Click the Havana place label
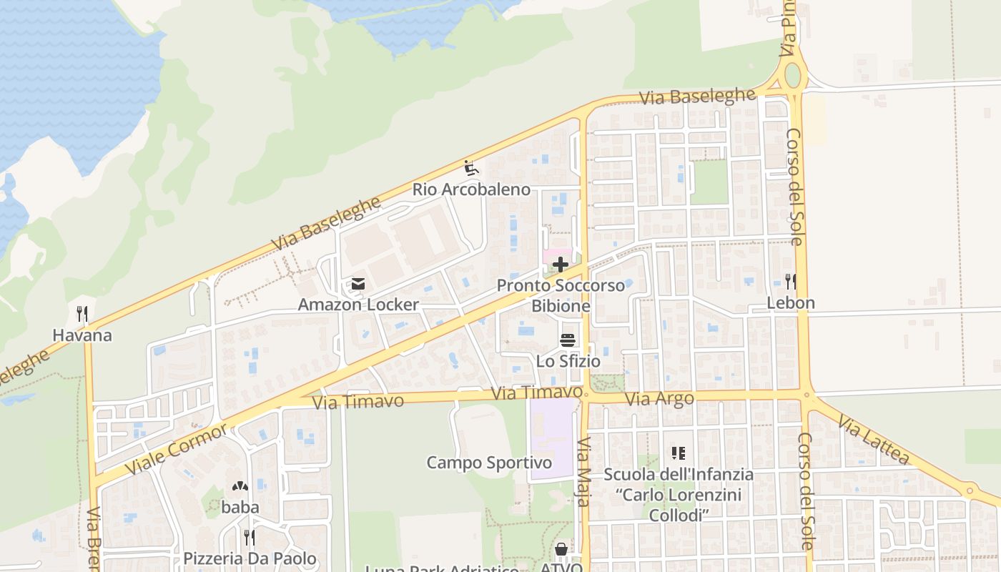coord(82,335)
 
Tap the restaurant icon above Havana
coord(82,314)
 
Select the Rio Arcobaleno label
coord(471,189)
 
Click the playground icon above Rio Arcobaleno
coord(471,169)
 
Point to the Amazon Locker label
coord(358,305)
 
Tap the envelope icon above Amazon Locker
coord(358,285)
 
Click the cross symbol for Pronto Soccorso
coord(561,265)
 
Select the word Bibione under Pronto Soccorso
coord(561,307)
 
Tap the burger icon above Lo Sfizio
coord(568,340)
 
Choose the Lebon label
coord(791,302)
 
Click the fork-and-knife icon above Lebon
coord(791,281)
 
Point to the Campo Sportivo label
coord(489,463)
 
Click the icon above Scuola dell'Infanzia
coord(678,453)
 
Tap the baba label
coord(240,508)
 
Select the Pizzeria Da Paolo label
coord(250,558)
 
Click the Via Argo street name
coord(659,399)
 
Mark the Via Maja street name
coord(583,471)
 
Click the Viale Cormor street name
coord(177,449)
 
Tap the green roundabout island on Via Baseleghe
coord(792,75)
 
